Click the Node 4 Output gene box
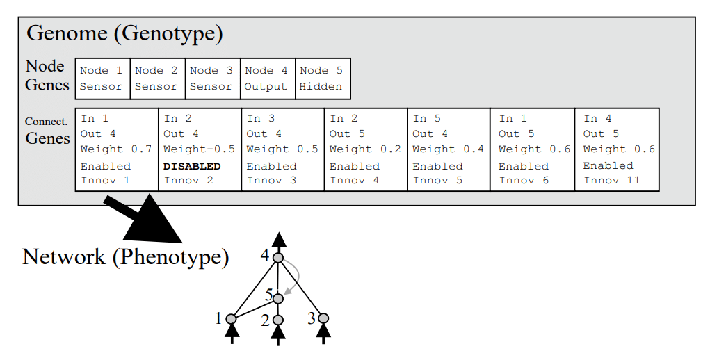[x=268, y=79]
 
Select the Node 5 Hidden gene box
[x=323, y=79]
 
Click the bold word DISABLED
[x=192, y=166]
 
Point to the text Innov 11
[x=611, y=181]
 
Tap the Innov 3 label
[x=271, y=181]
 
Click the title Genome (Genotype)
[x=124, y=33]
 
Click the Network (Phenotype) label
[x=125, y=257]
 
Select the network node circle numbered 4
[x=278, y=258]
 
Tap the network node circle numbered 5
[x=278, y=299]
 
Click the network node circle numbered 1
[x=232, y=319]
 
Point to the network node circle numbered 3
[x=323, y=318]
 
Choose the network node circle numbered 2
[x=278, y=320]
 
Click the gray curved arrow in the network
[x=297, y=275]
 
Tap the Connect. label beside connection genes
[x=46, y=122]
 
